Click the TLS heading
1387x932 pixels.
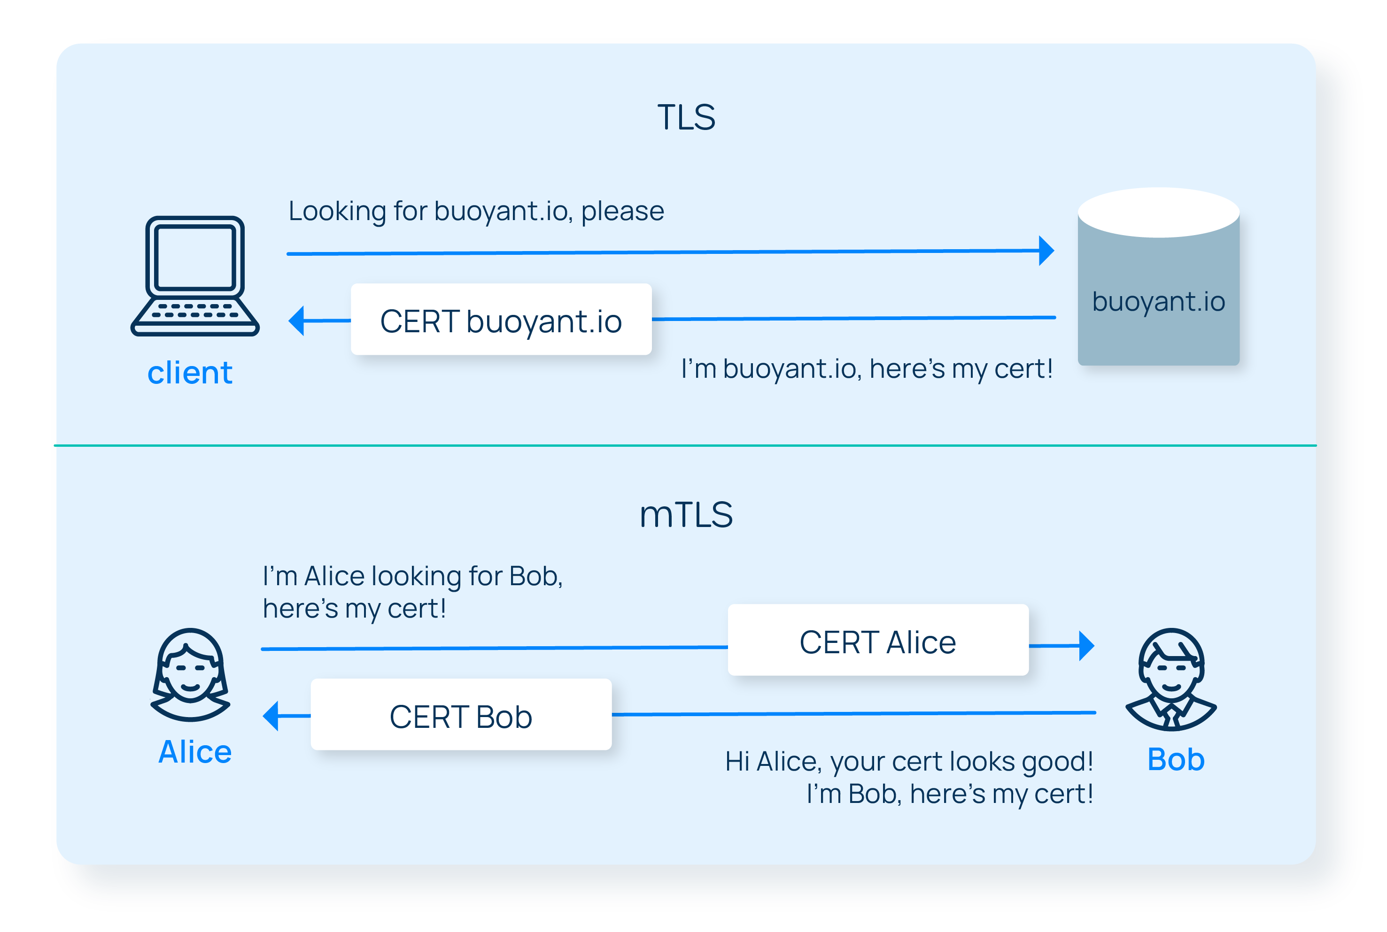(686, 117)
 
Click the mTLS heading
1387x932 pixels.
(686, 515)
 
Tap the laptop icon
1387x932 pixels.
(195, 276)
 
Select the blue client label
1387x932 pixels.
(190, 373)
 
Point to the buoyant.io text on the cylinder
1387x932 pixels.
(1158, 302)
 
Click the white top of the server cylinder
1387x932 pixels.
(1158, 212)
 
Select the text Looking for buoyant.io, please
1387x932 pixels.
(476, 211)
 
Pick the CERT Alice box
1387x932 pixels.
(878, 640)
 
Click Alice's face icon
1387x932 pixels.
(190, 675)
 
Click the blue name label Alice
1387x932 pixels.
(194, 752)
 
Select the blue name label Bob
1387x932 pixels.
(1176, 760)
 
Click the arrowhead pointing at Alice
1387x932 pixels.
(271, 716)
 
